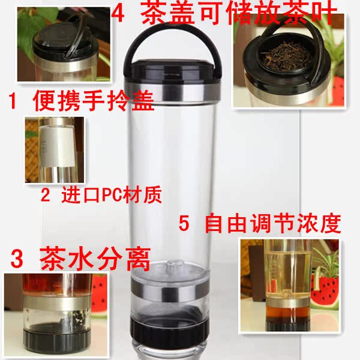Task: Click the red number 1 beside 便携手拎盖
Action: point(13,101)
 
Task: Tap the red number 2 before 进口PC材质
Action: point(45,194)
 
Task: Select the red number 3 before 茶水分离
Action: point(17,259)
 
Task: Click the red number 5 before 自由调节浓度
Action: point(184,223)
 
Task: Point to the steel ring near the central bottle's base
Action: point(170,290)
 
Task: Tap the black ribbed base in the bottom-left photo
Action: point(57,341)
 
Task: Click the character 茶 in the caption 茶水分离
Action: point(52,259)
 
